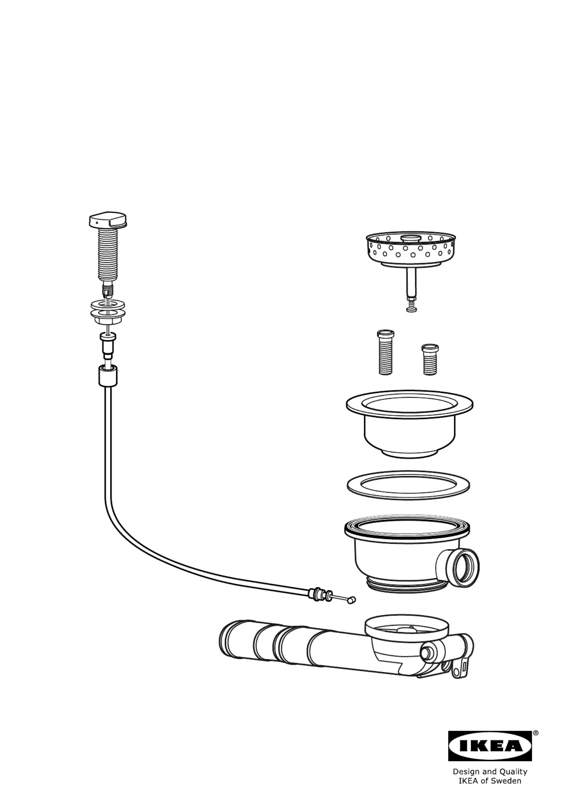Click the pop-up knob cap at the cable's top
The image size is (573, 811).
coord(108,220)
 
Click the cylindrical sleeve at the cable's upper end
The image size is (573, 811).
coord(108,376)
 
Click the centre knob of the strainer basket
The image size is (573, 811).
coord(411,238)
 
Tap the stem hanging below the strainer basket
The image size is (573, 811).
coord(410,290)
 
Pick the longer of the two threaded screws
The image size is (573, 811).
coord(385,352)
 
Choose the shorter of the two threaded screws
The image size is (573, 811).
coord(430,360)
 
